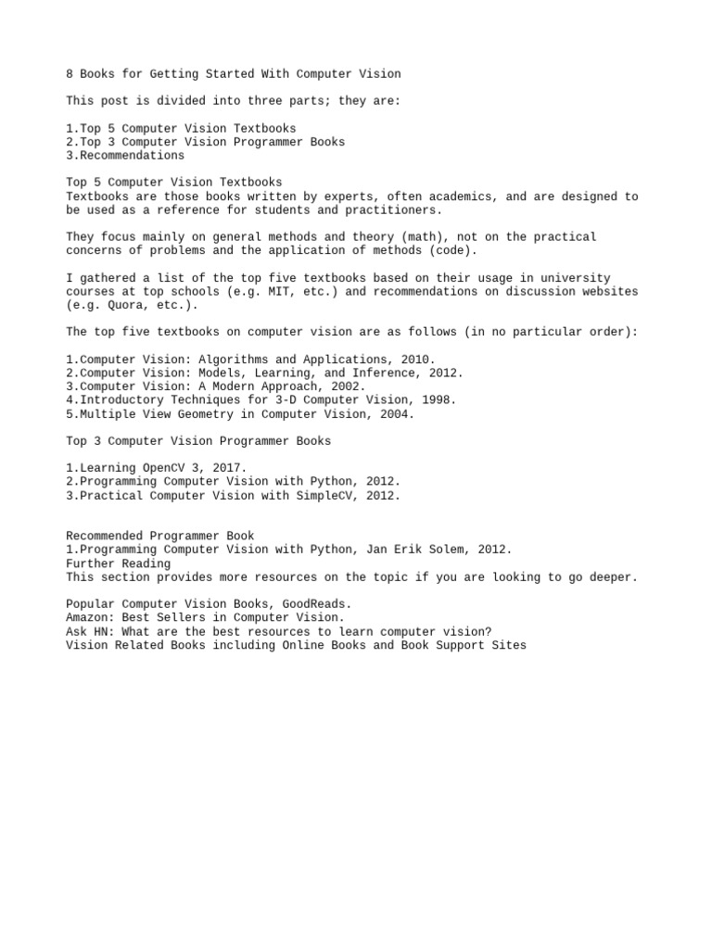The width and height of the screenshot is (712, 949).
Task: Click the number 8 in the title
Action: pyautogui.click(x=70, y=73)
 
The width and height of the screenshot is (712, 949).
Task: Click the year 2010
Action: pyautogui.click(x=417, y=360)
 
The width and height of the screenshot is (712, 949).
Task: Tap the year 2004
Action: pyautogui.click(x=397, y=414)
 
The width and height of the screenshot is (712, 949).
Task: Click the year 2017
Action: pyautogui.click(x=229, y=468)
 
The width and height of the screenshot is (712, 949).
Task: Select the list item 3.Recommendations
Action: pyautogui.click(x=125, y=156)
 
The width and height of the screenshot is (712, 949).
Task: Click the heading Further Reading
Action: pyautogui.click(x=118, y=563)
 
